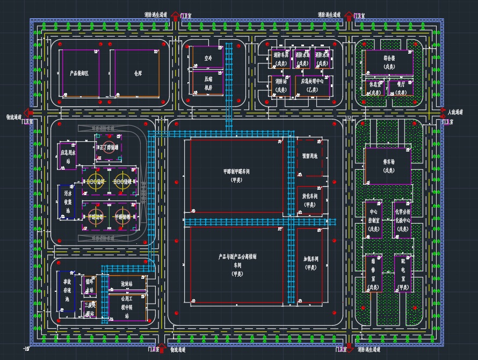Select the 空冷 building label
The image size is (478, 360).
pyautogui.click(x=208, y=57)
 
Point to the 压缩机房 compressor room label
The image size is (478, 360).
pyautogui.click(x=208, y=83)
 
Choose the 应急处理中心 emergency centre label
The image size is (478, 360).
pyautogui.click(x=312, y=85)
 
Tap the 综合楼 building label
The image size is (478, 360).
pyautogui.click(x=389, y=60)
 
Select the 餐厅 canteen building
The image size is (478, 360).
pyautogui.click(x=401, y=88)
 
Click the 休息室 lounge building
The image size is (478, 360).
pyautogui.click(x=375, y=88)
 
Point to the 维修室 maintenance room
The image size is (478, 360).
pyautogui.click(x=373, y=273)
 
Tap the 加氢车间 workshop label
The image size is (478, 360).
pyautogui.click(x=311, y=263)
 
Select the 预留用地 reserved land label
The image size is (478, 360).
pyautogui.click(x=310, y=156)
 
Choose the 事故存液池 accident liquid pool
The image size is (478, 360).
pyautogui.click(x=67, y=291)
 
